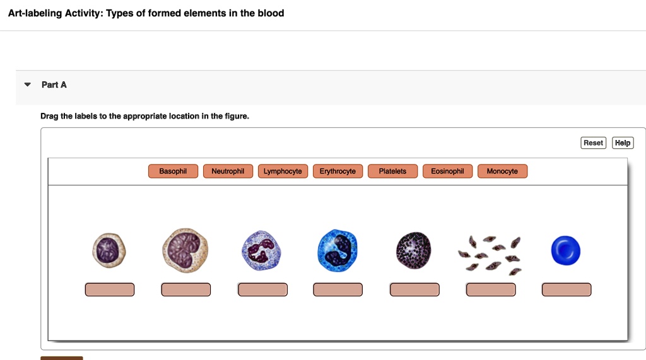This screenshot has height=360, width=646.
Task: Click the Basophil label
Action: [173, 171]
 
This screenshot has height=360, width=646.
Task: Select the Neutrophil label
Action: [228, 171]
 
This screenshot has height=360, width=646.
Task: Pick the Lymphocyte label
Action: [283, 171]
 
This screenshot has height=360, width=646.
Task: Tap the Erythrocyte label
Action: [338, 171]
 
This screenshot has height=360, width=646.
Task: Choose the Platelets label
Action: [392, 171]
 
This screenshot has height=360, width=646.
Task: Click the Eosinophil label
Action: [447, 171]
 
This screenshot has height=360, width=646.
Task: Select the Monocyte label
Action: [502, 171]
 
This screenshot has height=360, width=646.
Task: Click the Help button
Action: [622, 143]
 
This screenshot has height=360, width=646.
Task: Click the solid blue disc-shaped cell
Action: [565, 250]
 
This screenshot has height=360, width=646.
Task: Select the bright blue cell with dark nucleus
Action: [338, 250]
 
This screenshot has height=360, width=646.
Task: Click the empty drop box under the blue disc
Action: [567, 290]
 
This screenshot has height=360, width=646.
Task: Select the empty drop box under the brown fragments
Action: [491, 290]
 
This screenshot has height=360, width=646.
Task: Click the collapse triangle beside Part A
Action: [26, 84]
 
